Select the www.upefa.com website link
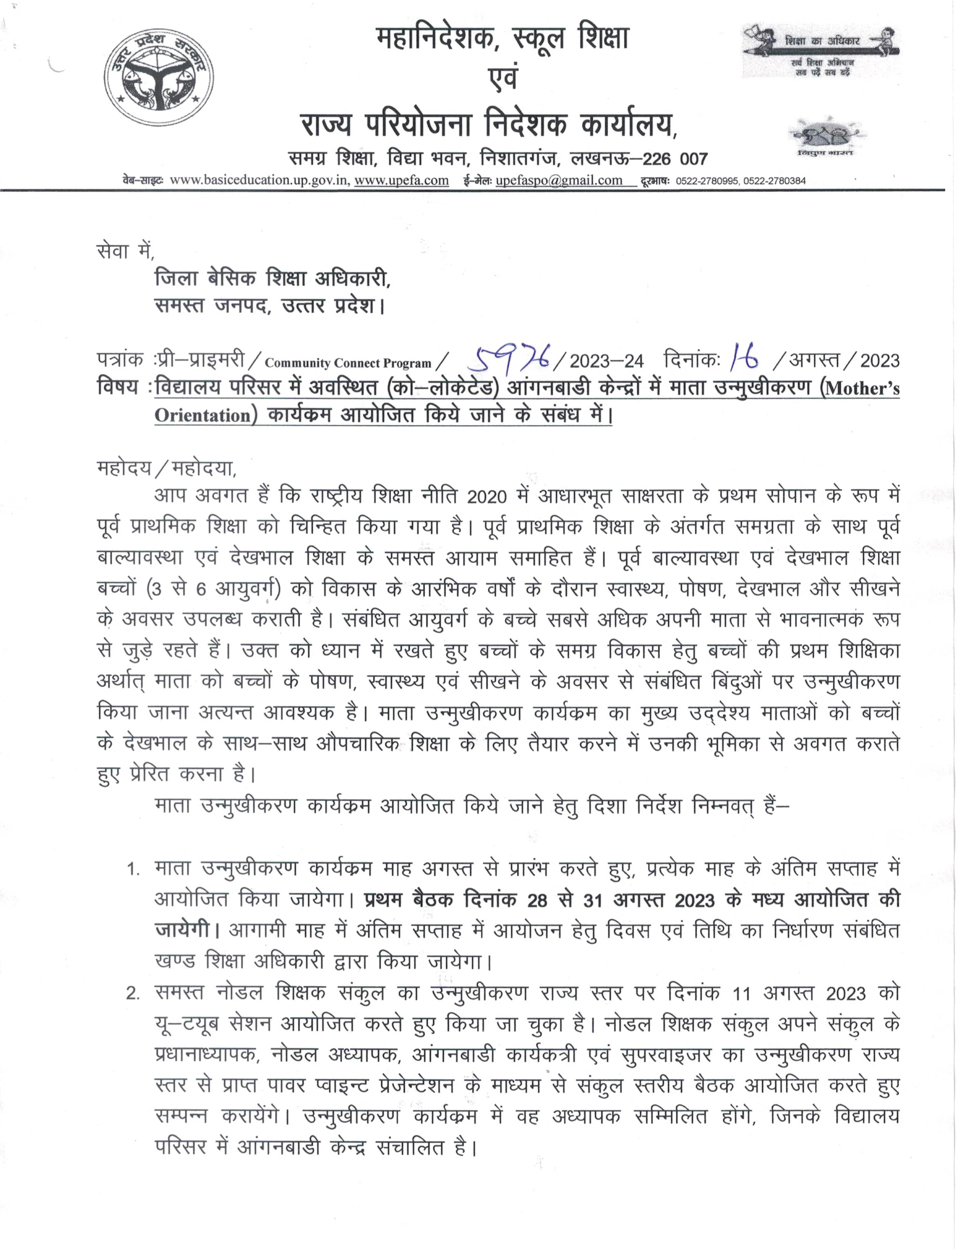401,180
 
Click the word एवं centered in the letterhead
502,78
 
